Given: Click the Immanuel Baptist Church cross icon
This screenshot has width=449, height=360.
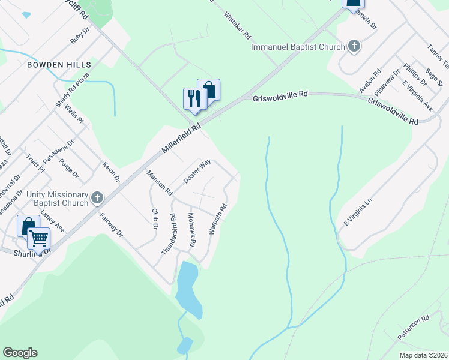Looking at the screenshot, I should [354, 46].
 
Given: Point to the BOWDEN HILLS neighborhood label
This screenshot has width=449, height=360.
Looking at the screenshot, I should [58, 64].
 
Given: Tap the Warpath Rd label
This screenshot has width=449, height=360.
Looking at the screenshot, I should [217, 220].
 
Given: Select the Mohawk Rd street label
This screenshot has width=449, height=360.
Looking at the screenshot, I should [192, 231].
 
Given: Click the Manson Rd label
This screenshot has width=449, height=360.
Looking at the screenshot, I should [160, 184].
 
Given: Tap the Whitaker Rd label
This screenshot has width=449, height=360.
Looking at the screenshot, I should [237, 26].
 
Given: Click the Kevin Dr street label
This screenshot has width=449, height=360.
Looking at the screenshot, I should [112, 172].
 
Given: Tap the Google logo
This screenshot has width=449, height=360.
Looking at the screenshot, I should [20, 353].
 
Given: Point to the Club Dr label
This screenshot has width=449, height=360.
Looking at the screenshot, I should [155, 219].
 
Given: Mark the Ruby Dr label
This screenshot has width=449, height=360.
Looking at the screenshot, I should [79, 37].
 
